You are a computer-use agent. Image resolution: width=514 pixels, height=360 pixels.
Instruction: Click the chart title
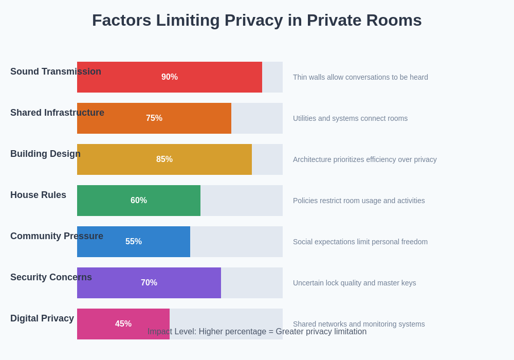(257, 20)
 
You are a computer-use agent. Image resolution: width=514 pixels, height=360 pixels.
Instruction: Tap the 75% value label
(154, 118)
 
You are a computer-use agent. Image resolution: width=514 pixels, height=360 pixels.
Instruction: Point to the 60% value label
(139, 201)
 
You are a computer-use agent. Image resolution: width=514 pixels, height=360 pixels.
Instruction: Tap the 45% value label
(123, 324)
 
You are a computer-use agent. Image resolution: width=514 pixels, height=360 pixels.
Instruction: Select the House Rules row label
(38, 195)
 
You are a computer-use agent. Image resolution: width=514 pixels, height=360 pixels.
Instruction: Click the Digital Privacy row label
(42, 318)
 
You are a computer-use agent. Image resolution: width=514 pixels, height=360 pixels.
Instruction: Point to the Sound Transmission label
(56, 71)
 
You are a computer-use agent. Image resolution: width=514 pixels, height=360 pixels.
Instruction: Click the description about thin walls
(360, 77)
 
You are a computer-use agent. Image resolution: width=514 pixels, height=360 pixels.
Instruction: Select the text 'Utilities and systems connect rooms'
(350, 118)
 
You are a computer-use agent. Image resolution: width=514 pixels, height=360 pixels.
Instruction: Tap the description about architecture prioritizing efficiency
(364, 159)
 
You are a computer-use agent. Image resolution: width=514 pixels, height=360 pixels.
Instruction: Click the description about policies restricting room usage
(359, 201)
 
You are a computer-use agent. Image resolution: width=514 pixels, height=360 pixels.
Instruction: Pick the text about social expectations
(360, 242)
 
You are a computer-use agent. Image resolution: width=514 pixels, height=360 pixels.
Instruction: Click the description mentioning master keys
(354, 283)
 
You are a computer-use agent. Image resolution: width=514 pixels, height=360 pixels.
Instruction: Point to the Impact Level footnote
(257, 332)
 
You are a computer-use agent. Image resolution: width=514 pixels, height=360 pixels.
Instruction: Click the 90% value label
(170, 77)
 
